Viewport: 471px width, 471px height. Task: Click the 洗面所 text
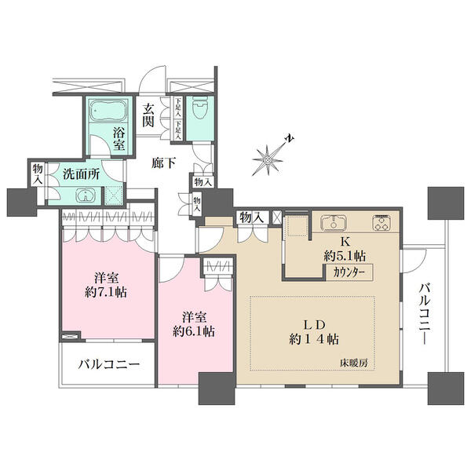tap(81, 174)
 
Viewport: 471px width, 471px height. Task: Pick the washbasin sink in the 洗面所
tap(84, 196)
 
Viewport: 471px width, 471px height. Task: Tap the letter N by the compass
tap(290, 139)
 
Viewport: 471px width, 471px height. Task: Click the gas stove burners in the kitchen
tap(383, 222)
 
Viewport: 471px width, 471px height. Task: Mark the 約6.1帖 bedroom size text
tap(195, 330)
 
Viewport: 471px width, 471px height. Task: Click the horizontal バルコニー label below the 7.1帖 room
tap(108, 365)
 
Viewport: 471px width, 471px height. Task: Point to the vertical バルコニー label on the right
tap(425, 309)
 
